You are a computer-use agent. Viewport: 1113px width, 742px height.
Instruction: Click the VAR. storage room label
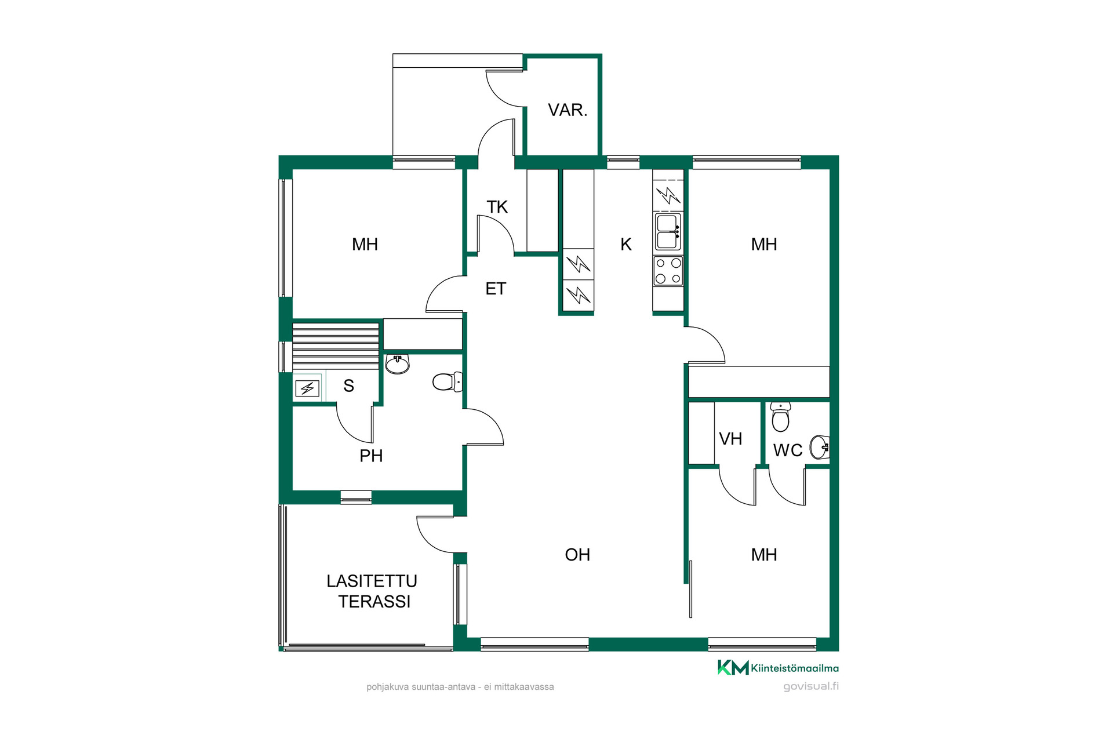point(568,110)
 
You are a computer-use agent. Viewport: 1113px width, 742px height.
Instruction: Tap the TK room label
point(497,207)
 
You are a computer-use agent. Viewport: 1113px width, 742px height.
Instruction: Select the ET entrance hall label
point(496,289)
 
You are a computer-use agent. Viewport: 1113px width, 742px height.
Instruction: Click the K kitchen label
point(626,245)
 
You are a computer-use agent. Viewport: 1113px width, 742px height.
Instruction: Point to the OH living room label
point(577,555)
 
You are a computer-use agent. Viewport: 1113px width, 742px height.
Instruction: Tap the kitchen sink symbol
point(668,231)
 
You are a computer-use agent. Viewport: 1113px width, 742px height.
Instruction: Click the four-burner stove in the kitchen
point(668,271)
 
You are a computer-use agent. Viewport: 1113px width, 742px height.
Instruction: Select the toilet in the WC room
point(780,417)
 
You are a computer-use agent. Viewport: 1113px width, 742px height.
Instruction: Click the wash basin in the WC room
point(820,447)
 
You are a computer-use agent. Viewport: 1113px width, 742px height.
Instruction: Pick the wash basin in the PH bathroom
point(398,364)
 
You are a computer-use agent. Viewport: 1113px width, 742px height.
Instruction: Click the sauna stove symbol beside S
point(307,388)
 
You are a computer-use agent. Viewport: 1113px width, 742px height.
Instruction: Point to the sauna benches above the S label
point(336,345)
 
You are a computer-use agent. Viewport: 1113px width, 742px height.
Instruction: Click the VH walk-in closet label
point(730,439)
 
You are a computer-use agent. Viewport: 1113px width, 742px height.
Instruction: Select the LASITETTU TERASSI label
point(372,591)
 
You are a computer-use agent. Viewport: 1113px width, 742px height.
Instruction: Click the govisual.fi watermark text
point(811,686)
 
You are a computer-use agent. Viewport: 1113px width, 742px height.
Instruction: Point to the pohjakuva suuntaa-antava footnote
point(460,687)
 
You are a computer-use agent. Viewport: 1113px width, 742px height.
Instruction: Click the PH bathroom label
point(371,456)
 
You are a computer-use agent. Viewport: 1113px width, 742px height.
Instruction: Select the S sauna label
point(348,386)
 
